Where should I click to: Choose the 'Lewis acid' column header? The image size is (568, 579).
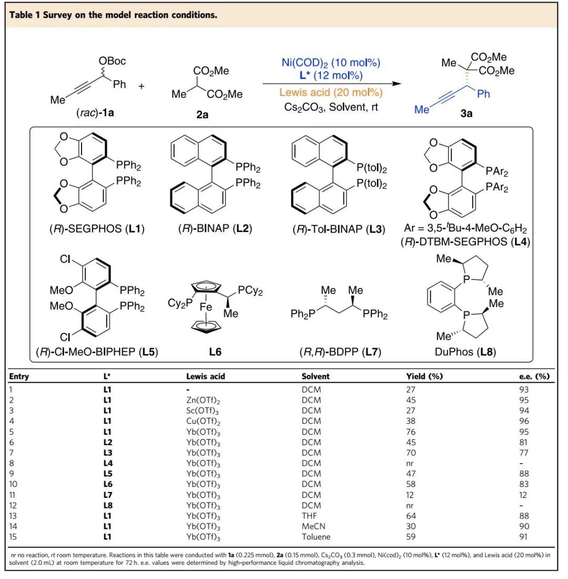206,376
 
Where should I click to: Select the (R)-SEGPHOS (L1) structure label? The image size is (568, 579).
93,229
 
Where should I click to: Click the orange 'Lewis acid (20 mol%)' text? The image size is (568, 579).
331,93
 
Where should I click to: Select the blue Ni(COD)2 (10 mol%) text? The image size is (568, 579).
331,64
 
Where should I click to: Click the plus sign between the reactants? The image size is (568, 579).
141,85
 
